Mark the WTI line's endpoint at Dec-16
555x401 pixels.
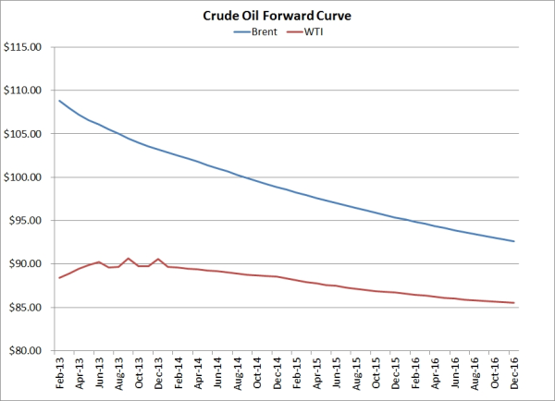(513, 303)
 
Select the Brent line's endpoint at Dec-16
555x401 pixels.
(513, 241)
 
